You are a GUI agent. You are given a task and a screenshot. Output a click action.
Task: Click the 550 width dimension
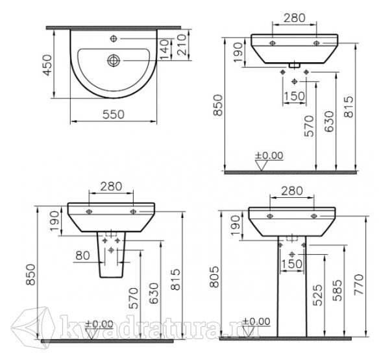point(114,115)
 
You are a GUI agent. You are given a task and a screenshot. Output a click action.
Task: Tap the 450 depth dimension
point(47,65)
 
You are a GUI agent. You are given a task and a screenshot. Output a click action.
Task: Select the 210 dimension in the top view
point(182,45)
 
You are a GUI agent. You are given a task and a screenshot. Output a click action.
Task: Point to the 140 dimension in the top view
point(165,49)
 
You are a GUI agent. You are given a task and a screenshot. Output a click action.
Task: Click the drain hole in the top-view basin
point(114,61)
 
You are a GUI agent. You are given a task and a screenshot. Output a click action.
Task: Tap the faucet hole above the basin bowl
point(114,38)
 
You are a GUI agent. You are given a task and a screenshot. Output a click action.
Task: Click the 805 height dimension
point(214,277)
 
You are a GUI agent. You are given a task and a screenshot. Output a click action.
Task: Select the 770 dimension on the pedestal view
point(359,285)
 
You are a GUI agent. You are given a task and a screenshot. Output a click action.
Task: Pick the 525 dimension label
point(317,295)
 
